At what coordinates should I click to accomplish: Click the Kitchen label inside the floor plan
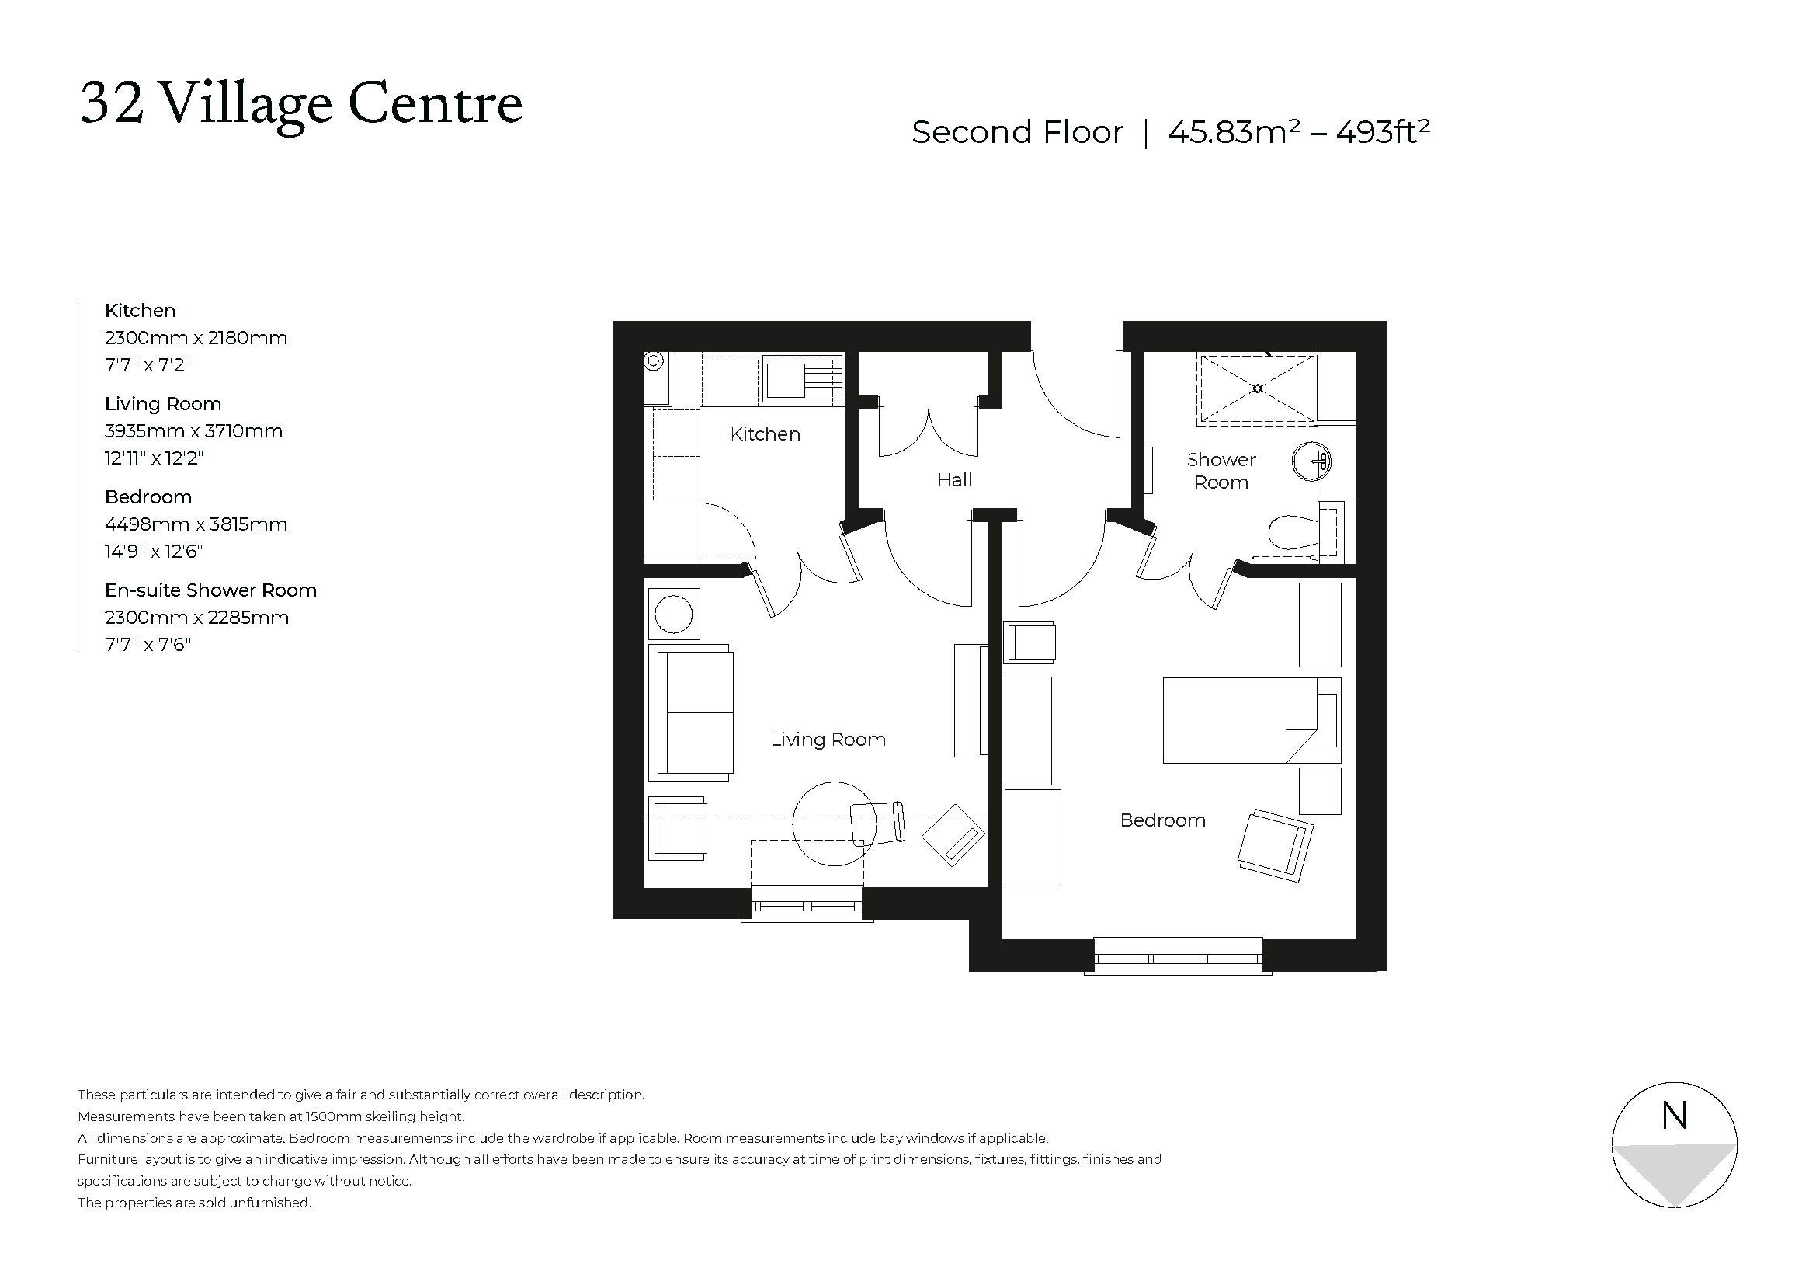765,434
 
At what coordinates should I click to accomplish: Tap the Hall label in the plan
955,480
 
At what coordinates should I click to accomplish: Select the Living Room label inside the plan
828,740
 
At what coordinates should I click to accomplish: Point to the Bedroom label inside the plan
1162,820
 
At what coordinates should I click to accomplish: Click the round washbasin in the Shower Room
1311,461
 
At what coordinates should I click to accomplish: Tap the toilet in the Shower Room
1294,532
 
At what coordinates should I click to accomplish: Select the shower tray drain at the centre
1258,388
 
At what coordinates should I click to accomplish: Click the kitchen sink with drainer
802,380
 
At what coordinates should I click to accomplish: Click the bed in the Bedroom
1251,720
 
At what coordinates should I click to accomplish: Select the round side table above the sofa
674,614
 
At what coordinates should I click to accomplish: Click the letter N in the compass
1675,1116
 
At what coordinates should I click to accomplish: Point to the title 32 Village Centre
301,104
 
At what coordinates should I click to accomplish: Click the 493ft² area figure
1383,132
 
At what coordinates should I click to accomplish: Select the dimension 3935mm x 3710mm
193,431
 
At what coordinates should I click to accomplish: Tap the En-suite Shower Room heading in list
210,590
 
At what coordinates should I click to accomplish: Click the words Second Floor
1016,132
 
